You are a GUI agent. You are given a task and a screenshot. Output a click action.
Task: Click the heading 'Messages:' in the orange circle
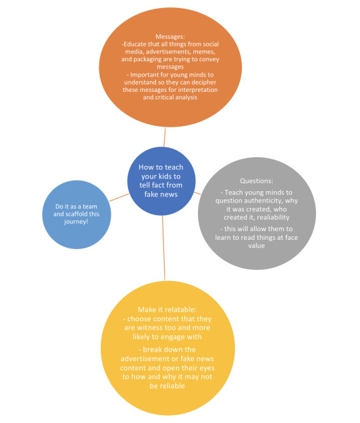click(170, 37)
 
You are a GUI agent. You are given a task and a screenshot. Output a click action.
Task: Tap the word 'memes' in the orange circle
click(203, 51)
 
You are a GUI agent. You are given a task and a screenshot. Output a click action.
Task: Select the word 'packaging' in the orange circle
click(147, 59)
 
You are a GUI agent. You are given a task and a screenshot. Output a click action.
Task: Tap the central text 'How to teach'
click(161, 167)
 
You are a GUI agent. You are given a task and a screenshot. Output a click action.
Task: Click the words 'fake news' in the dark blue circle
click(161, 195)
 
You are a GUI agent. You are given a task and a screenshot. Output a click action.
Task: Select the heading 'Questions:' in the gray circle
click(257, 181)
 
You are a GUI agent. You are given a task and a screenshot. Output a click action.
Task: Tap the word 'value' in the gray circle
click(257, 246)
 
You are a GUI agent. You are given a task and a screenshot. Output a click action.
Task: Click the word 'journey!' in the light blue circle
click(76, 222)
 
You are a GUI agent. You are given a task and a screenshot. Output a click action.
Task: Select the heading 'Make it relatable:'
click(167, 310)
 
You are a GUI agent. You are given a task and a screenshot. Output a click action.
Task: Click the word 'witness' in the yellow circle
click(147, 328)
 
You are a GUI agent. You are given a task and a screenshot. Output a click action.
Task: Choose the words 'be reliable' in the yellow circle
click(167, 386)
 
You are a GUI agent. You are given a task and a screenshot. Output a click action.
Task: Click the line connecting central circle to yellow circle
click(163, 248)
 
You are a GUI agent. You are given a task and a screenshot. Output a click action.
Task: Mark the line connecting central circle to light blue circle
click(119, 197)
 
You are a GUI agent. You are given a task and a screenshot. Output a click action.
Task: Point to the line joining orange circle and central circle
click(165, 137)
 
